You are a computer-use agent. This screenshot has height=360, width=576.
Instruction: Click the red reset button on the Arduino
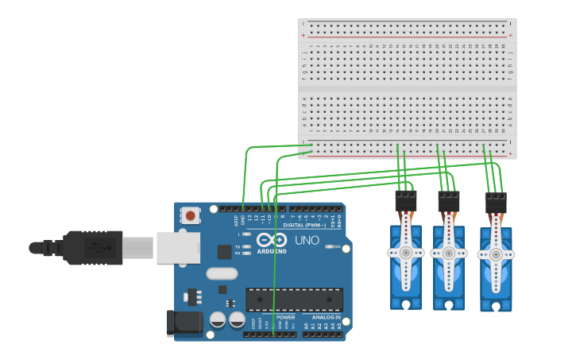191,215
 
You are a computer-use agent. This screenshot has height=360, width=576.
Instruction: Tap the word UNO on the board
307,240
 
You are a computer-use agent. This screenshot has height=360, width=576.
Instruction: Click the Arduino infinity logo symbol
272,240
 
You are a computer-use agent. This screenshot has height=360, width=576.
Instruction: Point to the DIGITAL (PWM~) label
307,225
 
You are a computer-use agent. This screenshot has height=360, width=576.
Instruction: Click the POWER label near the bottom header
285,317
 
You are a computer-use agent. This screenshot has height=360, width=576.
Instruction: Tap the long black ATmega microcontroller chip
294,300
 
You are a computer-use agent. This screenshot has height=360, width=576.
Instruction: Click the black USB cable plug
94,247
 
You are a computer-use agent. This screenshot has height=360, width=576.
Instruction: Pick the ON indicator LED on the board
329,246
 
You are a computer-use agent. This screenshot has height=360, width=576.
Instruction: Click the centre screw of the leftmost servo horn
406,253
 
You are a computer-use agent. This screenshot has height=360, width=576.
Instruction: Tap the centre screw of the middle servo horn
449,253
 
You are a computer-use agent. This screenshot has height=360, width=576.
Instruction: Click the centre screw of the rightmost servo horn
496,255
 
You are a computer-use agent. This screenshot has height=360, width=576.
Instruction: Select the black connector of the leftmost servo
406,201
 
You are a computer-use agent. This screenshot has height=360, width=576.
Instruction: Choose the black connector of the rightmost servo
496,203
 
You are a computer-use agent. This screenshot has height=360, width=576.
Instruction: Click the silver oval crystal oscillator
222,273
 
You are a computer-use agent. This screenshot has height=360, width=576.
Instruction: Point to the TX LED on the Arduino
246,246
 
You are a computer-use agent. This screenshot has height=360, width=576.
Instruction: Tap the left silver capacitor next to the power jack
218,320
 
